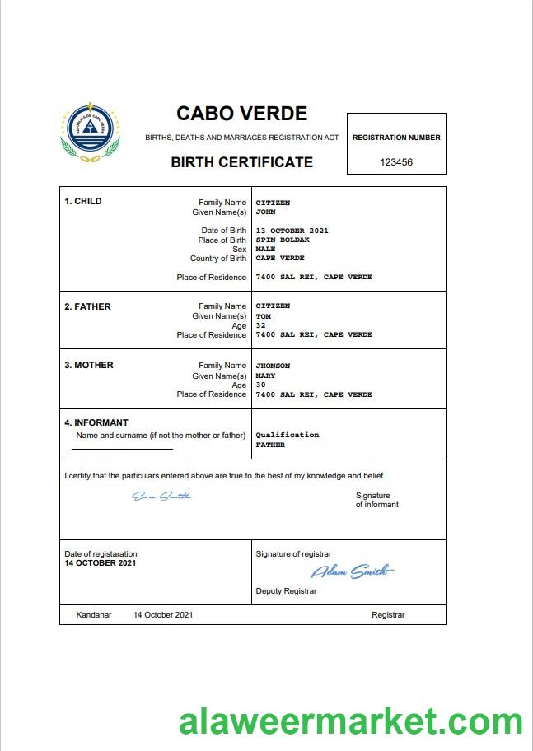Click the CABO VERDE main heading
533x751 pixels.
click(241, 114)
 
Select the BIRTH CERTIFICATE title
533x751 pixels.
click(241, 162)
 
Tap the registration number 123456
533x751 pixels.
click(396, 162)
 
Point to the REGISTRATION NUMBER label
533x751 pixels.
click(396, 138)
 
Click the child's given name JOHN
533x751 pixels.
click(265, 212)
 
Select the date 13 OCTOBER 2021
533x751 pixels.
click(292, 231)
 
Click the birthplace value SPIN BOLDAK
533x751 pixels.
click(283, 240)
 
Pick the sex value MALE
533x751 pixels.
click(265, 249)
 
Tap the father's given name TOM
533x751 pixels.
click(263, 316)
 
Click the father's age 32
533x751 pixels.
click(260, 325)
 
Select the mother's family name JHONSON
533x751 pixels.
click(273, 366)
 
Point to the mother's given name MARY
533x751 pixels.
click(265, 375)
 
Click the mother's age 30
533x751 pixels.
click(260, 385)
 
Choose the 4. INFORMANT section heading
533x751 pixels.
click(96, 423)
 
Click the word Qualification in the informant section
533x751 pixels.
click(287, 435)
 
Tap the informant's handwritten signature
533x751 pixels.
click(161, 496)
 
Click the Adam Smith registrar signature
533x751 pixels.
click(352, 571)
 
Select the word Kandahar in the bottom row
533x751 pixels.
click(94, 615)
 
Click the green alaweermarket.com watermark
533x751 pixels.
click(351, 721)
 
